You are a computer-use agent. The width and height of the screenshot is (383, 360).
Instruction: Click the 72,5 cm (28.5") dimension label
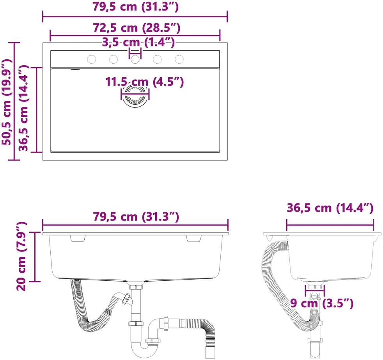(x=137, y=28)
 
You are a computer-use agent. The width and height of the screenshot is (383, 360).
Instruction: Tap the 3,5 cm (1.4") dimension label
(x=138, y=42)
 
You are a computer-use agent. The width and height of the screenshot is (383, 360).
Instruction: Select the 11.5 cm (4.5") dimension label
(x=144, y=82)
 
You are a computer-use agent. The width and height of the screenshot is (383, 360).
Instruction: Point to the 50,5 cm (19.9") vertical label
(x=7, y=102)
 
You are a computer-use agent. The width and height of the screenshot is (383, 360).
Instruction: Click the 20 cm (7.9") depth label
(x=21, y=256)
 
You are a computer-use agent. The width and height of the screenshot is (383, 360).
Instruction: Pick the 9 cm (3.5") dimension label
(x=322, y=303)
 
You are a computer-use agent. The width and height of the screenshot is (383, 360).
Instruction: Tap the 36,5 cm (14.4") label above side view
(x=330, y=208)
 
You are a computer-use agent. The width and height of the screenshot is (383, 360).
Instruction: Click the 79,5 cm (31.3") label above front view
(x=136, y=217)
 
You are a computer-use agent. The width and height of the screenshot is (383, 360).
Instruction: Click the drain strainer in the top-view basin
(x=135, y=96)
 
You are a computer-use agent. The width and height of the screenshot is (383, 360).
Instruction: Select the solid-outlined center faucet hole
(x=135, y=59)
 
